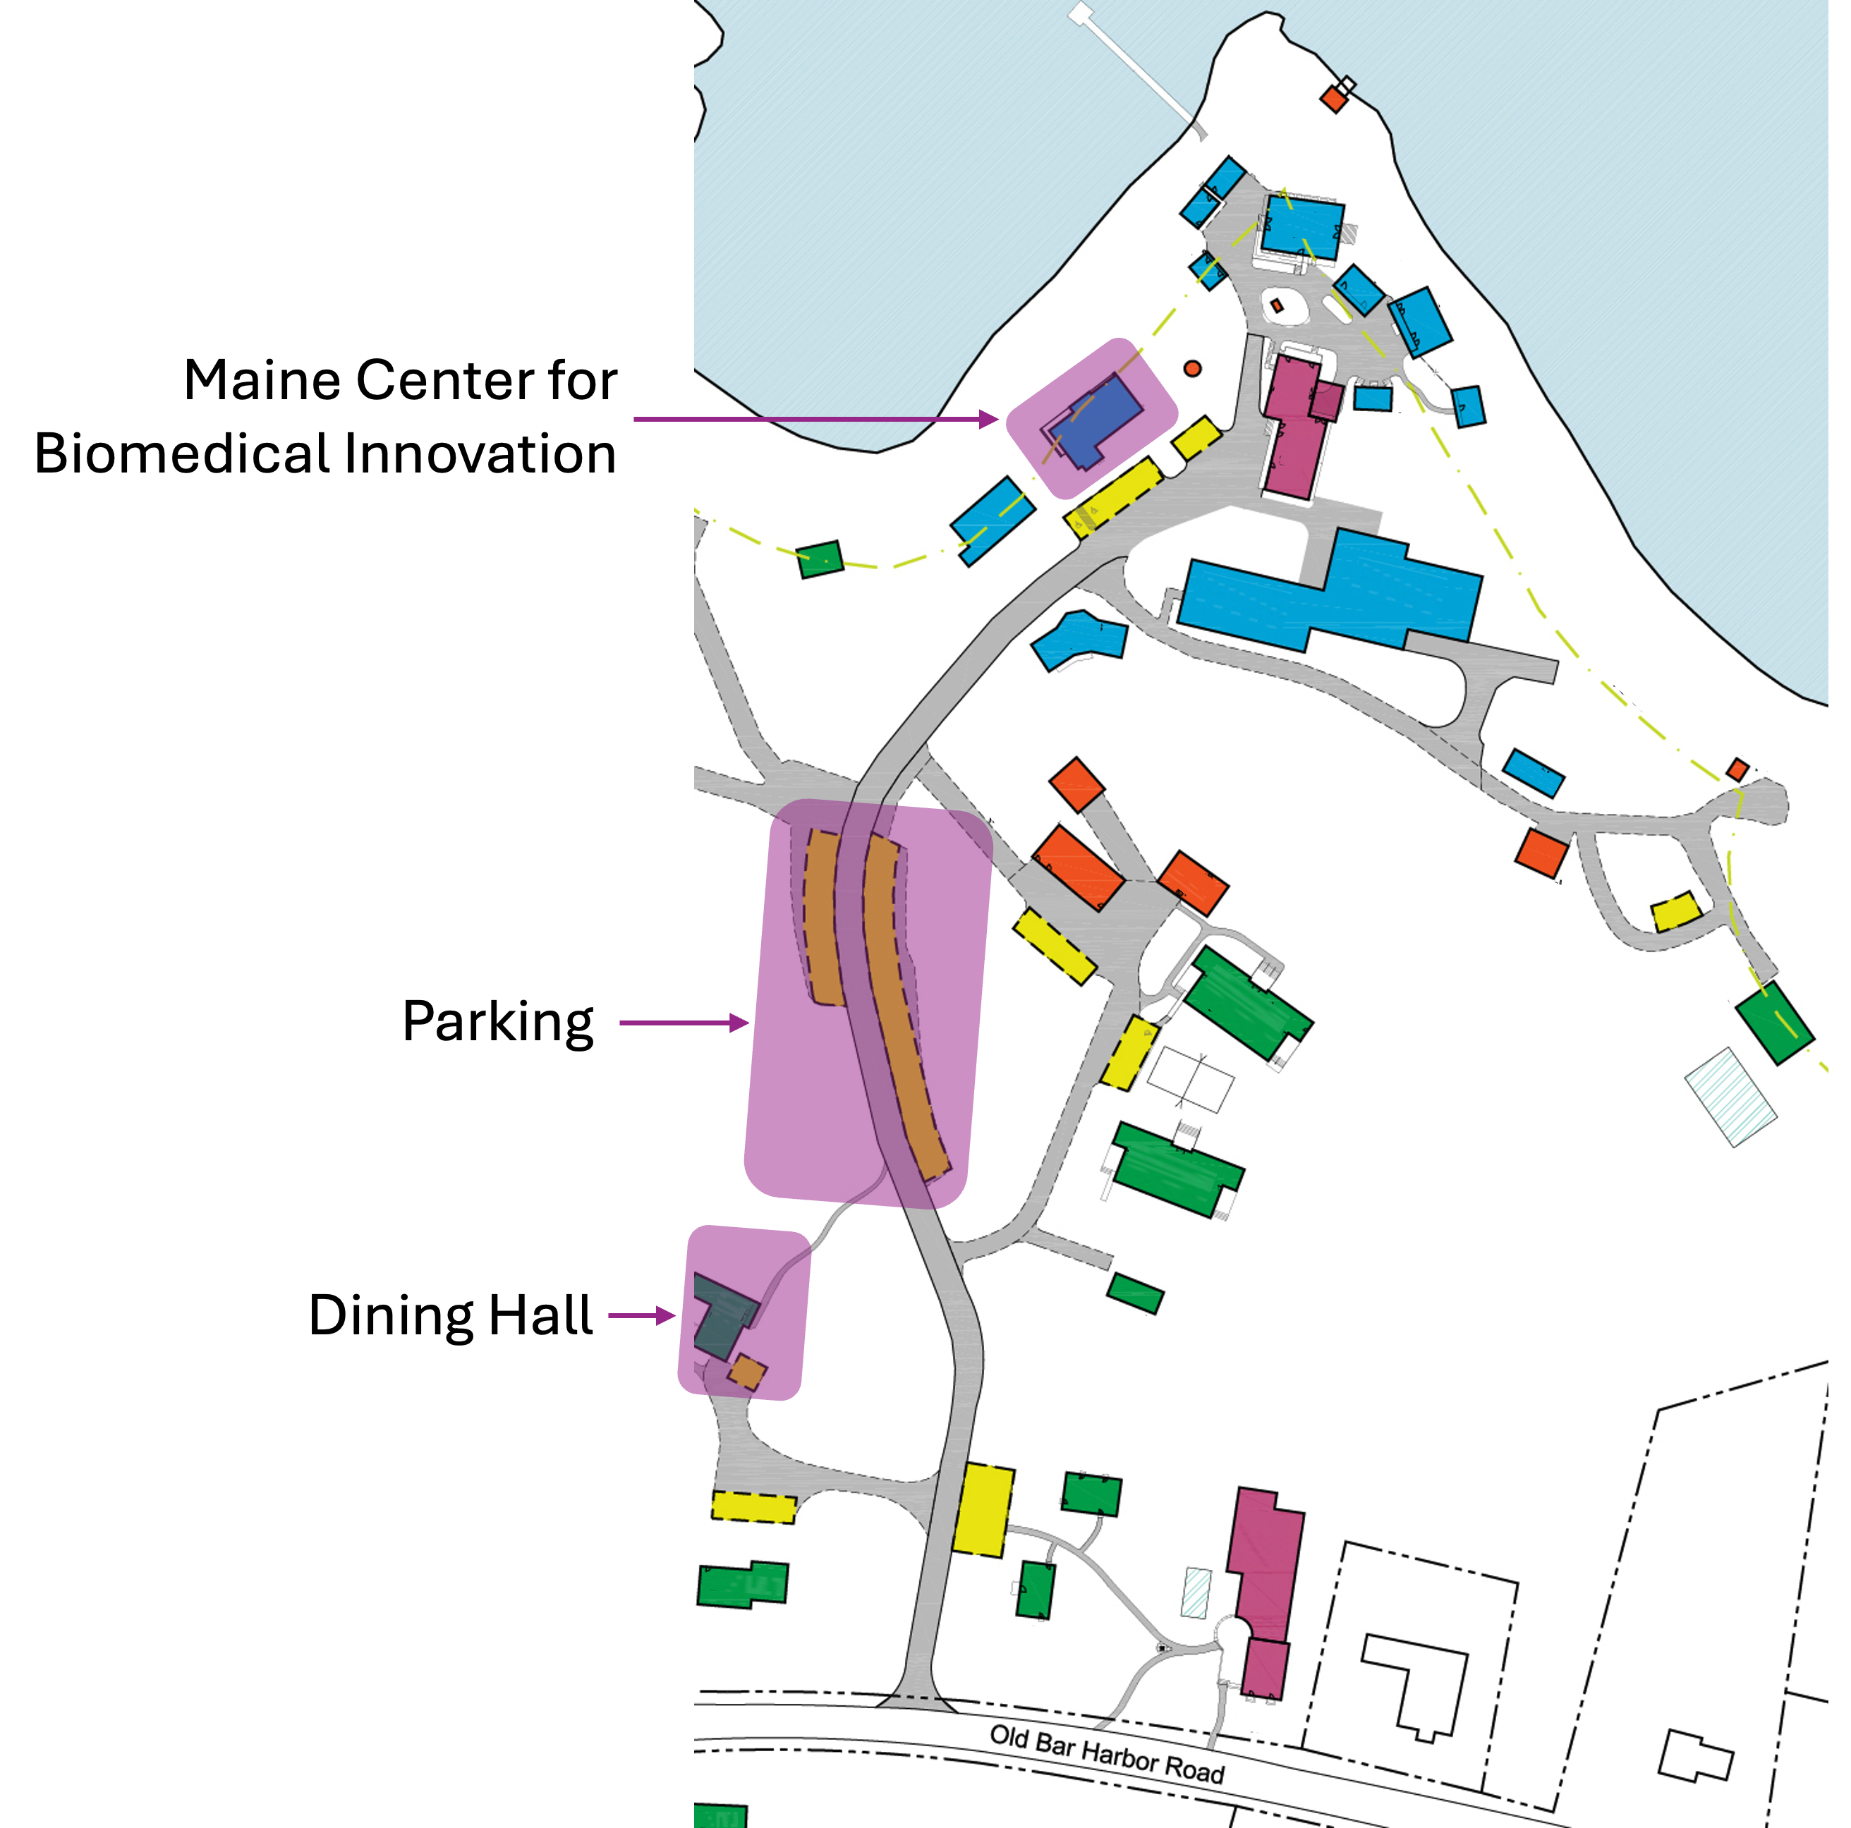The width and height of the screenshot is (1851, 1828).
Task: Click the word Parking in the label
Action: point(497,1023)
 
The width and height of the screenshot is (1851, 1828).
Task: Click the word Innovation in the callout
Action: point(479,453)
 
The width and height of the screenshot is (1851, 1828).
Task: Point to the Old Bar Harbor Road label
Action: point(1107,1754)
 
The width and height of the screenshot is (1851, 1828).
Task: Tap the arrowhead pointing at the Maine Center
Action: point(989,419)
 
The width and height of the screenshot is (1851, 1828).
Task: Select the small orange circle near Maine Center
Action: point(1192,369)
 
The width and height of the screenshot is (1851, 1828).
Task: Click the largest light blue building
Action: point(1332,594)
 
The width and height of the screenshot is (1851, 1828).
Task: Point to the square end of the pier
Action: point(1081,13)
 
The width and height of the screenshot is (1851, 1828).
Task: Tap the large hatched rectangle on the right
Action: point(1730,1097)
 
